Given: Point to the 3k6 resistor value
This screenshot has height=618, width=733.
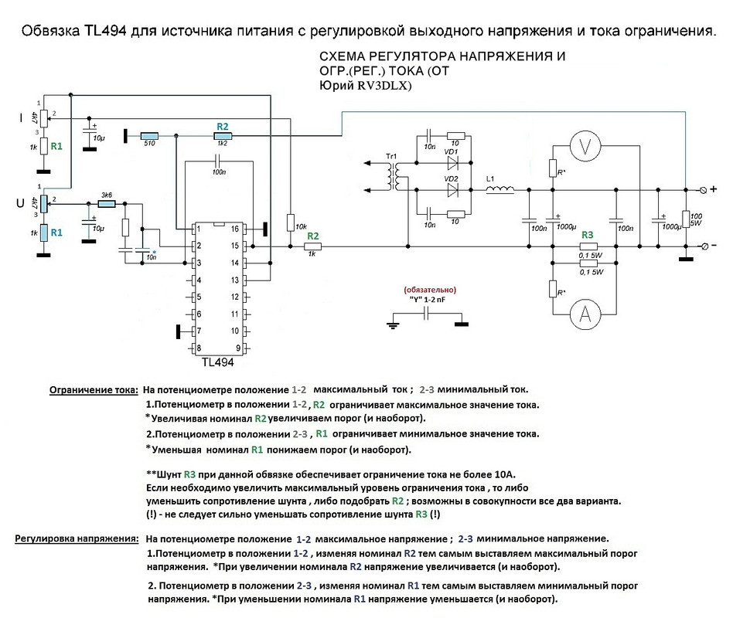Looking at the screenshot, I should tap(107, 195).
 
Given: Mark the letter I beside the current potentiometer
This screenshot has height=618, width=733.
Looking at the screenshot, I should tap(20, 117).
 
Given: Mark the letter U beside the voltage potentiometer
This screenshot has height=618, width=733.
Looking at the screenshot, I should tap(20, 204).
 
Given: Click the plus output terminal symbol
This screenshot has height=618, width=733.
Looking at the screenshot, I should tap(703, 188).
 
